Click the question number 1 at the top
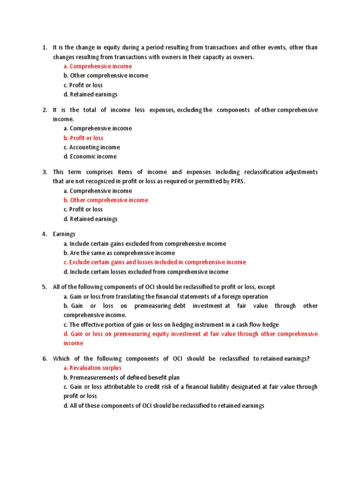[x=44, y=47]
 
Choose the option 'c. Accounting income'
[x=91, y=147]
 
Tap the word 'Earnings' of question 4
[x=64, y=234]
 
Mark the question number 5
[x=44, y=287]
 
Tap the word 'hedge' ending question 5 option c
[x=284, y=324]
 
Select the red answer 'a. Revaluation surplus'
[x=92, y=368]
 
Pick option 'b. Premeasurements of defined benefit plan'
[x=121, y=377]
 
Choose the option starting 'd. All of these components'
[x=164, y=405]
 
